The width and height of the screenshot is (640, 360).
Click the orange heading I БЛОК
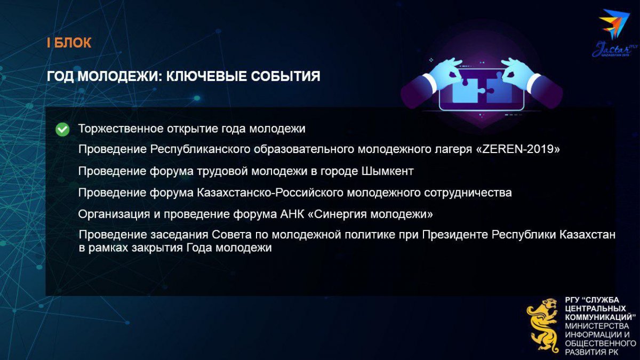69,43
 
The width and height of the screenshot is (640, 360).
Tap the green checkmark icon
62,130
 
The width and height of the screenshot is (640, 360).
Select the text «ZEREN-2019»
518,149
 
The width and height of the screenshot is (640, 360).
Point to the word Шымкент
388,171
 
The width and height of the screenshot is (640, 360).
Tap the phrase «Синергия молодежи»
371,214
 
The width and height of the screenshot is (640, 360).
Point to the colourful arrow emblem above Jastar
614,23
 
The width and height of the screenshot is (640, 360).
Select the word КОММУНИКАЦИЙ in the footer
601,317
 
